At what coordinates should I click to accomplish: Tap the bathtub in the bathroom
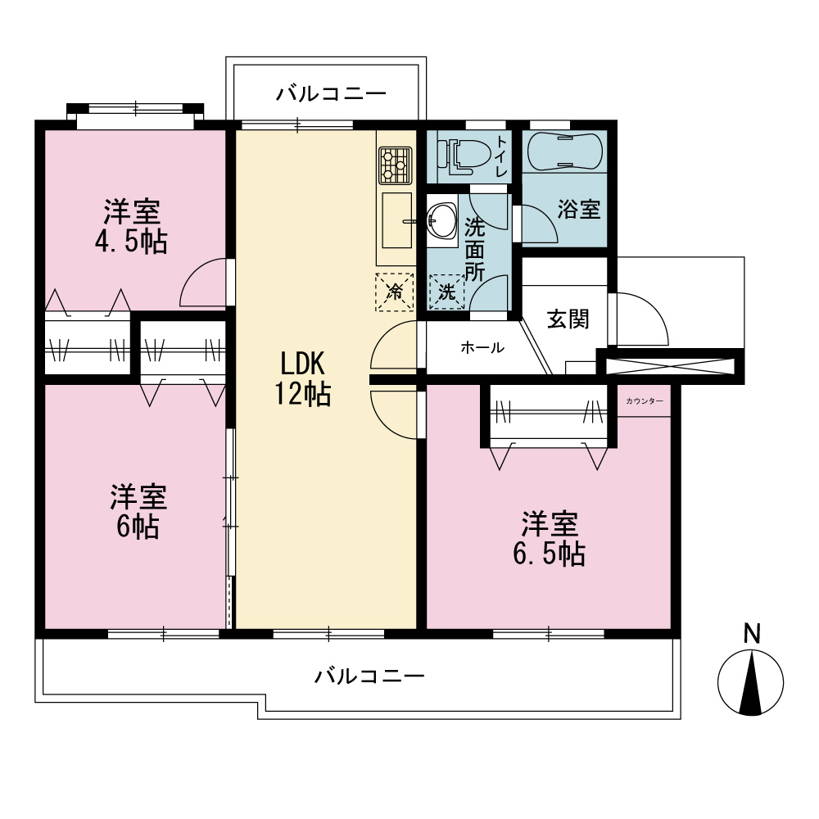click(564, 151)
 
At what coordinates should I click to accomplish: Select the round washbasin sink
click(442, 221)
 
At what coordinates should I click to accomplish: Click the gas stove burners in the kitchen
click(396, 165)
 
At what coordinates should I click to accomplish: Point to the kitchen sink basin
click(397, 219)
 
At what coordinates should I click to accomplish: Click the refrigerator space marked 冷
click(395, 292)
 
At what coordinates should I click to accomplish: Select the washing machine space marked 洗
click(446, 292)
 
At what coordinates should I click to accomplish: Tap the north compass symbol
click(750, 683)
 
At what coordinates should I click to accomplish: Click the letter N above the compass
click(752, 634)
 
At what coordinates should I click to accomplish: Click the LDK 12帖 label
click(303, 378)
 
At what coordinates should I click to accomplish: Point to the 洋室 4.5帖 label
click(132, 226)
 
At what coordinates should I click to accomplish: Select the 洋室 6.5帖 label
click(549, 539)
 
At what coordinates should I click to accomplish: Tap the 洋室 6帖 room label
click(138, 511)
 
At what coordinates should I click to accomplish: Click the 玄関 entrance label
click(568, 319)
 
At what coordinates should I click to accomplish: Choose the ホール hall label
click(482, 347)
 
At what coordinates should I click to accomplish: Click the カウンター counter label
click(645, 400)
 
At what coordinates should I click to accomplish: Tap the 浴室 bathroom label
click(579, 209)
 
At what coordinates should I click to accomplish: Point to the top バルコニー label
click(331, 94)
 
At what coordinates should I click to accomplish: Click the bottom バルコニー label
click(369, 676)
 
